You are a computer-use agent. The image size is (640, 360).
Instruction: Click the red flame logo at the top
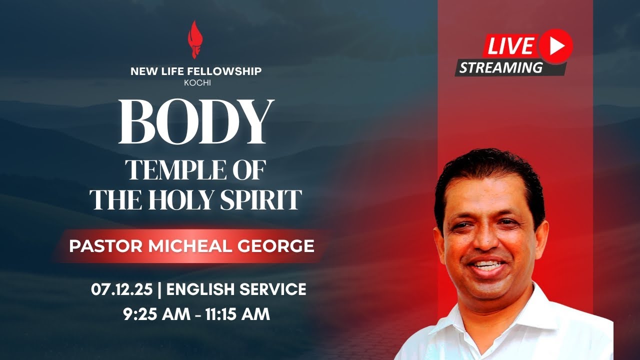coord(195,38)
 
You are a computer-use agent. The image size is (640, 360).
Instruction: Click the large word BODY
coord(196,122)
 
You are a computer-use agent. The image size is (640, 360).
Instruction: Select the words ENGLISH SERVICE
coord(236,289)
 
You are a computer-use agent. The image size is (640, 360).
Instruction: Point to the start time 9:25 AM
coord(156,314)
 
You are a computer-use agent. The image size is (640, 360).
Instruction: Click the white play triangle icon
coord(556,46)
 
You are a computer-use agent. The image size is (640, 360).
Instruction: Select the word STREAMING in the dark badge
coord(500,67)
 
